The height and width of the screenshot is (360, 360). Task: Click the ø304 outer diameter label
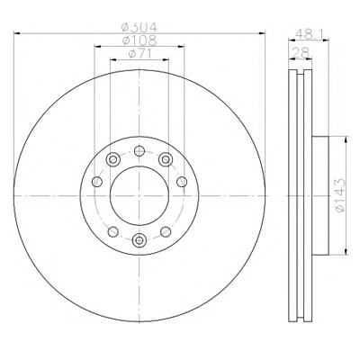[139, 28]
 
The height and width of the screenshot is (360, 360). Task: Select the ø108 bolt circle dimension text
[139, 40]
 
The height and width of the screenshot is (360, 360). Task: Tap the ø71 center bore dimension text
[139, 54]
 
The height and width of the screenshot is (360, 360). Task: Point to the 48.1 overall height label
[309, 33]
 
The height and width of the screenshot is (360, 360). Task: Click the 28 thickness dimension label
[301, 53]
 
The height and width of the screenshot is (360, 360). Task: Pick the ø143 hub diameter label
[340, 195]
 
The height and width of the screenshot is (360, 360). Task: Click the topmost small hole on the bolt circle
[139, 150]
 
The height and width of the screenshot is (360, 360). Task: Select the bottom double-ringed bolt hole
[139, 239]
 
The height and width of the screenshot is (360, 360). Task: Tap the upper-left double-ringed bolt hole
[113, 159]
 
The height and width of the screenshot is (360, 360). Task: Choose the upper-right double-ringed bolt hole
[166, 159]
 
